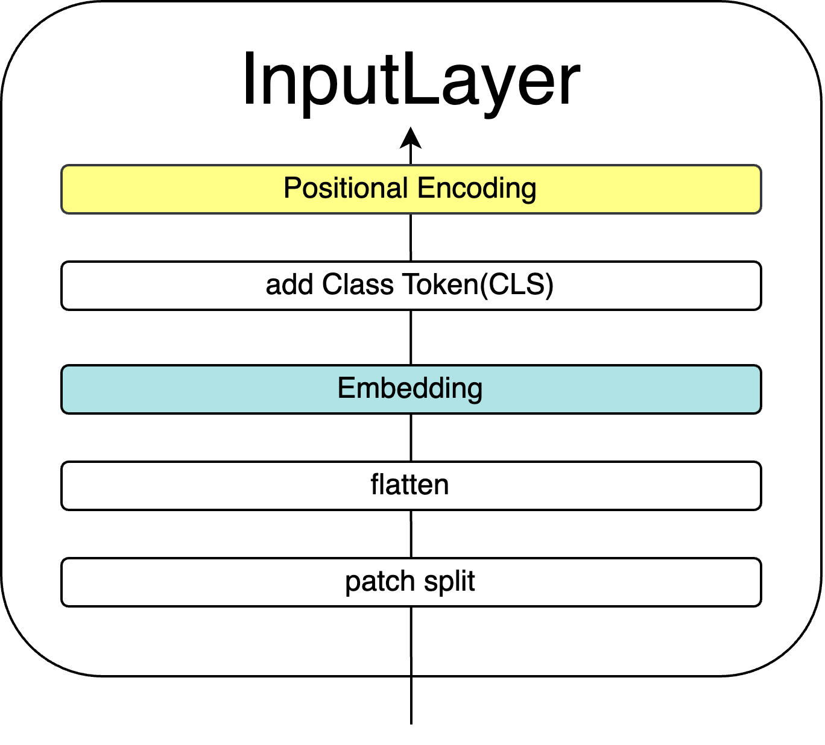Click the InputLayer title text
point(411,82)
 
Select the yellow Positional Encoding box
point(411,189)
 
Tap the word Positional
point(346,188)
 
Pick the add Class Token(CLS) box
point(411,286)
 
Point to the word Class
point(358,284)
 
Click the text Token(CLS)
point(478,285)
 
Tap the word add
point(289,285)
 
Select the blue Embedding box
point(411,389)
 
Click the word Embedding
point(410,389)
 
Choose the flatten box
point(411,486)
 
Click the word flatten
point(409,485)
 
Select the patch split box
point(411,582)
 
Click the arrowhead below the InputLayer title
point(411,138)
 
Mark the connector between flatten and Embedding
point(411,438)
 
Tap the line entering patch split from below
point(411,665)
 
